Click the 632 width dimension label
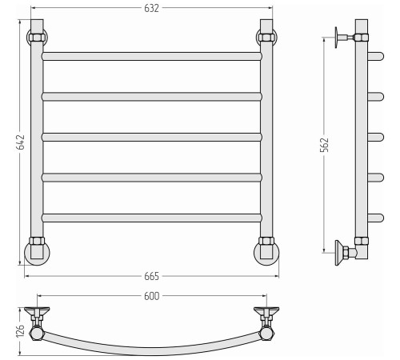click(x=151, y=8)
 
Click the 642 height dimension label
click(x=21, y=142)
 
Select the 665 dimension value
click(x=151, y=276)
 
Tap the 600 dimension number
click(x=151, y=296)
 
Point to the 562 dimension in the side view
click(x=324, y=145)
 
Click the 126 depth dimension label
click(x=21, y=331)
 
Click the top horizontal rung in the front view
click(x=152, y=56)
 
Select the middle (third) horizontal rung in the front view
click(x=152, y=137)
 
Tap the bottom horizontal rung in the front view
click(x=152, y=218)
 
